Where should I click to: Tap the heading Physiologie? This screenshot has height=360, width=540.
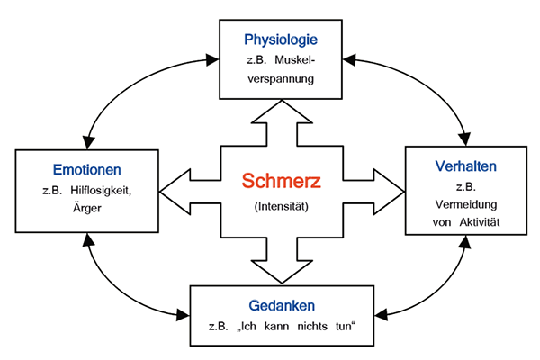(x=282, y=40)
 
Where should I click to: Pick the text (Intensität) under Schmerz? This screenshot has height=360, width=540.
(x=282, y=207)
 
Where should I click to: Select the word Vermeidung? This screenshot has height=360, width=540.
(x=464, y=204)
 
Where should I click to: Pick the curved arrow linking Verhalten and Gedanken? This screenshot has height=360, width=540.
(x=441, y=292)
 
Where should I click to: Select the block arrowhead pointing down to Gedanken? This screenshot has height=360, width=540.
(x=282, y=273)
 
